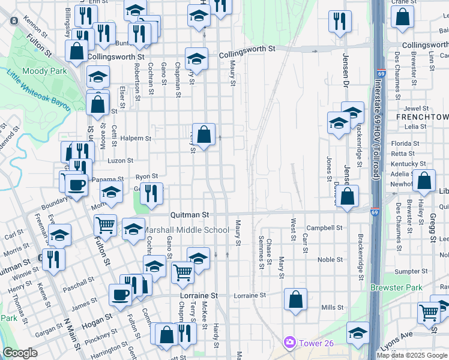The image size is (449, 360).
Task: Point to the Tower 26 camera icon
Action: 290,342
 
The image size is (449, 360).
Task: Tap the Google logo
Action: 20,353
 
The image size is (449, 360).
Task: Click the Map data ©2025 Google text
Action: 412,355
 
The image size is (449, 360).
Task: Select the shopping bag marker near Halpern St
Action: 204,134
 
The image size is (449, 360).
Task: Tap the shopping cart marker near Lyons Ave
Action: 429,311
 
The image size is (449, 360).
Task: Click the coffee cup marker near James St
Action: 121,295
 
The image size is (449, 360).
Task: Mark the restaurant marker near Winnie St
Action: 54,259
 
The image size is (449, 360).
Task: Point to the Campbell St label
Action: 324,228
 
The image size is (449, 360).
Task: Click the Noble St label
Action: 330,260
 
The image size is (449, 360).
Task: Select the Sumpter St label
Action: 408,271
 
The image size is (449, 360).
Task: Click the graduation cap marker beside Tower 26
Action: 358,333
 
